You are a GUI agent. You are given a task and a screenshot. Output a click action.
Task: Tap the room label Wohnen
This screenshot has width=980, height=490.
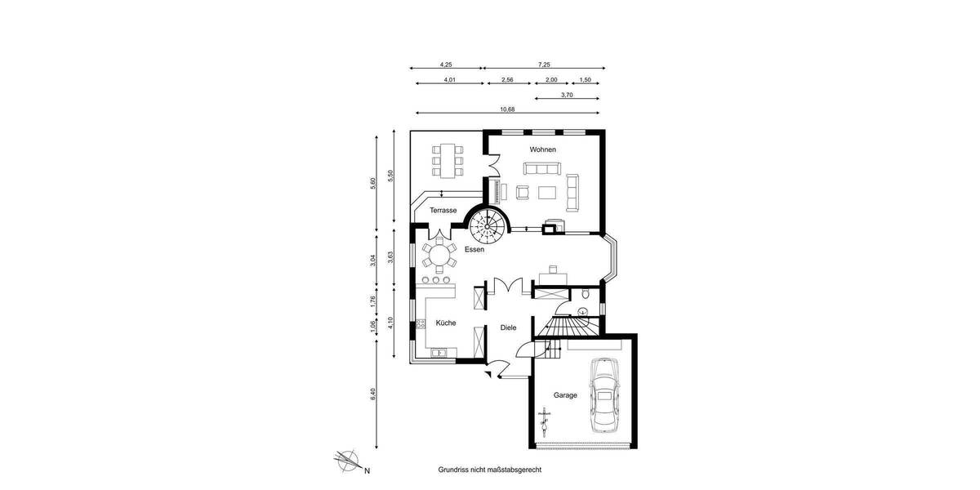(542, 149)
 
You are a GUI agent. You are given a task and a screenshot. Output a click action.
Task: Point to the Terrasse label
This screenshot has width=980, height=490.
(443, 210)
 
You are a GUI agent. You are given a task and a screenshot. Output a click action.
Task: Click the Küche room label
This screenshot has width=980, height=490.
(446, 323)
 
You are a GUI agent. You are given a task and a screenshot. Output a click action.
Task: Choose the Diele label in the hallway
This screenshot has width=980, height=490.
(508, 327)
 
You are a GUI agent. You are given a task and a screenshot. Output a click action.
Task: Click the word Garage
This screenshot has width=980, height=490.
(565, 395)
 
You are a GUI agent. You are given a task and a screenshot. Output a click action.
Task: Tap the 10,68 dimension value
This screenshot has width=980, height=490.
(507, 109)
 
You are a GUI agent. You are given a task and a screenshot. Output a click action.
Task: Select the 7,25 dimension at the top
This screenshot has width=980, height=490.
(544, 65)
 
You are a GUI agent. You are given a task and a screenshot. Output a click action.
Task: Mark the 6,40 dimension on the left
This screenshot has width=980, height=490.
(373, 394)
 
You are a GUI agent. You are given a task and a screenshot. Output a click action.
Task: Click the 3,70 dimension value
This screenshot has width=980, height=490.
(567, 96)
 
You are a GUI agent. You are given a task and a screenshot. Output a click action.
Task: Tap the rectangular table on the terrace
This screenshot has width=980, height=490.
(447, 160)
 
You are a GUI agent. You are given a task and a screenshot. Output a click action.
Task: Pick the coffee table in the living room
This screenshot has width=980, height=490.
(546, 192)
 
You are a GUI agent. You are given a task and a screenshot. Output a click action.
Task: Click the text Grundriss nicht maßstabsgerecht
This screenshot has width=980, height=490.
(489, 470)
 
